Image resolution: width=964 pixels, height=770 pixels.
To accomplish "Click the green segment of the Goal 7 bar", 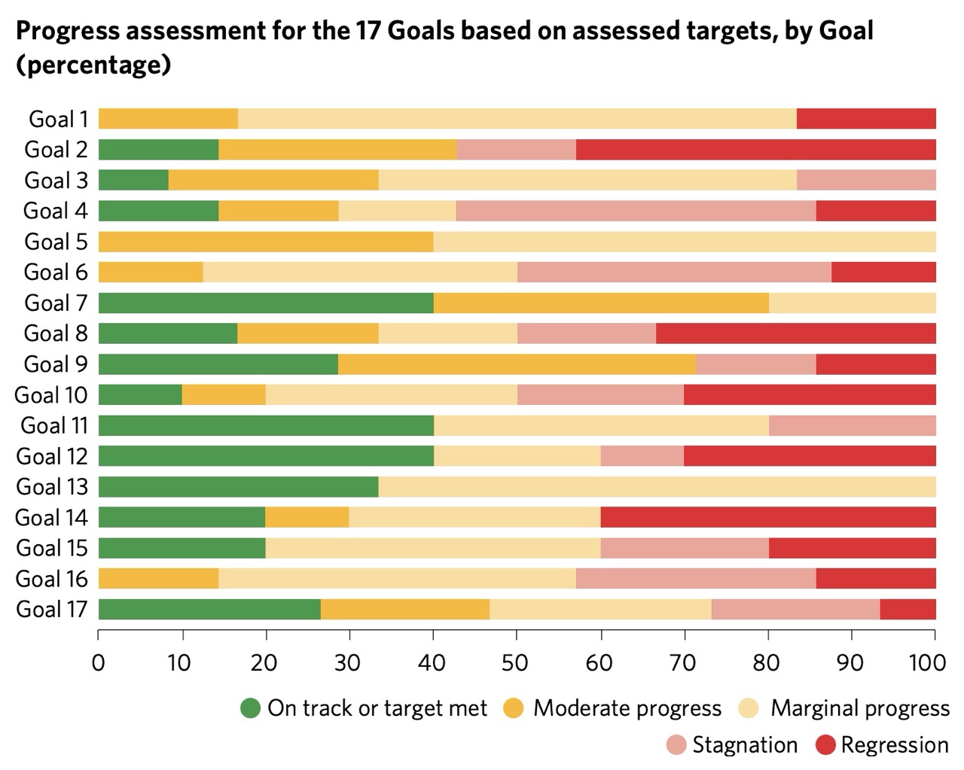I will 266,303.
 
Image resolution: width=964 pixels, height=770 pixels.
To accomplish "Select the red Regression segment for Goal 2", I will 755,150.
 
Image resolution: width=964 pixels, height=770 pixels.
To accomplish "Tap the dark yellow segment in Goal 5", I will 266,242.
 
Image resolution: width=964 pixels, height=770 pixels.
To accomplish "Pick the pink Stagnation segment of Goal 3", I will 866,181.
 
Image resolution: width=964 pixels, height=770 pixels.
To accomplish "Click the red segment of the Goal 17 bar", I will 908,609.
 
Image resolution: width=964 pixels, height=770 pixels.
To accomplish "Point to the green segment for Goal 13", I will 238,487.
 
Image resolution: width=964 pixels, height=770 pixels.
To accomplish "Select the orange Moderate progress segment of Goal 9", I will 517,364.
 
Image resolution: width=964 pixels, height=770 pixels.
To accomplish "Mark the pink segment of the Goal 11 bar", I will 852,425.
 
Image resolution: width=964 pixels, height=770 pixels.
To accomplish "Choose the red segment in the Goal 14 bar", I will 768,518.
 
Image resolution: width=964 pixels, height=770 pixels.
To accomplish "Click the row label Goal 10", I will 51,395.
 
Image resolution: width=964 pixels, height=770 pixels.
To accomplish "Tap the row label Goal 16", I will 51,579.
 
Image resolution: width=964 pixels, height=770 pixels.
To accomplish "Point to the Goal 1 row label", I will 59,119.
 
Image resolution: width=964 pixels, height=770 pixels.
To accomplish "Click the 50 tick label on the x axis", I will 516,662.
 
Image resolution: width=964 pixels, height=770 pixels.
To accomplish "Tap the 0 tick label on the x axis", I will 98,662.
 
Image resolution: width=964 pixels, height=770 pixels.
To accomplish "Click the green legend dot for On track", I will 250,708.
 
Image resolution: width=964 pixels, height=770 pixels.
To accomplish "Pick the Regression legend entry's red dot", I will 825,745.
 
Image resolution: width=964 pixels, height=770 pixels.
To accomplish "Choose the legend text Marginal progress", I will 860,708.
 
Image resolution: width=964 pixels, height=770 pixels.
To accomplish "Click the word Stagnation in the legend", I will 745,745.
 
